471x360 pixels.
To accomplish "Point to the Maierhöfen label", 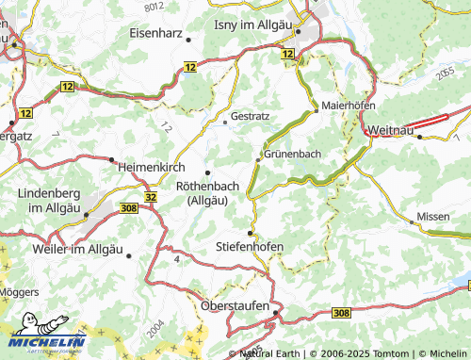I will click(350, 106).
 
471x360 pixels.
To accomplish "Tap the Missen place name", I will click(433, 216).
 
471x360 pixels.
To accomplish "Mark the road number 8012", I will click(155, 6).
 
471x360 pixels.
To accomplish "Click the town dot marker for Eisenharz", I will click(189, 39).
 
